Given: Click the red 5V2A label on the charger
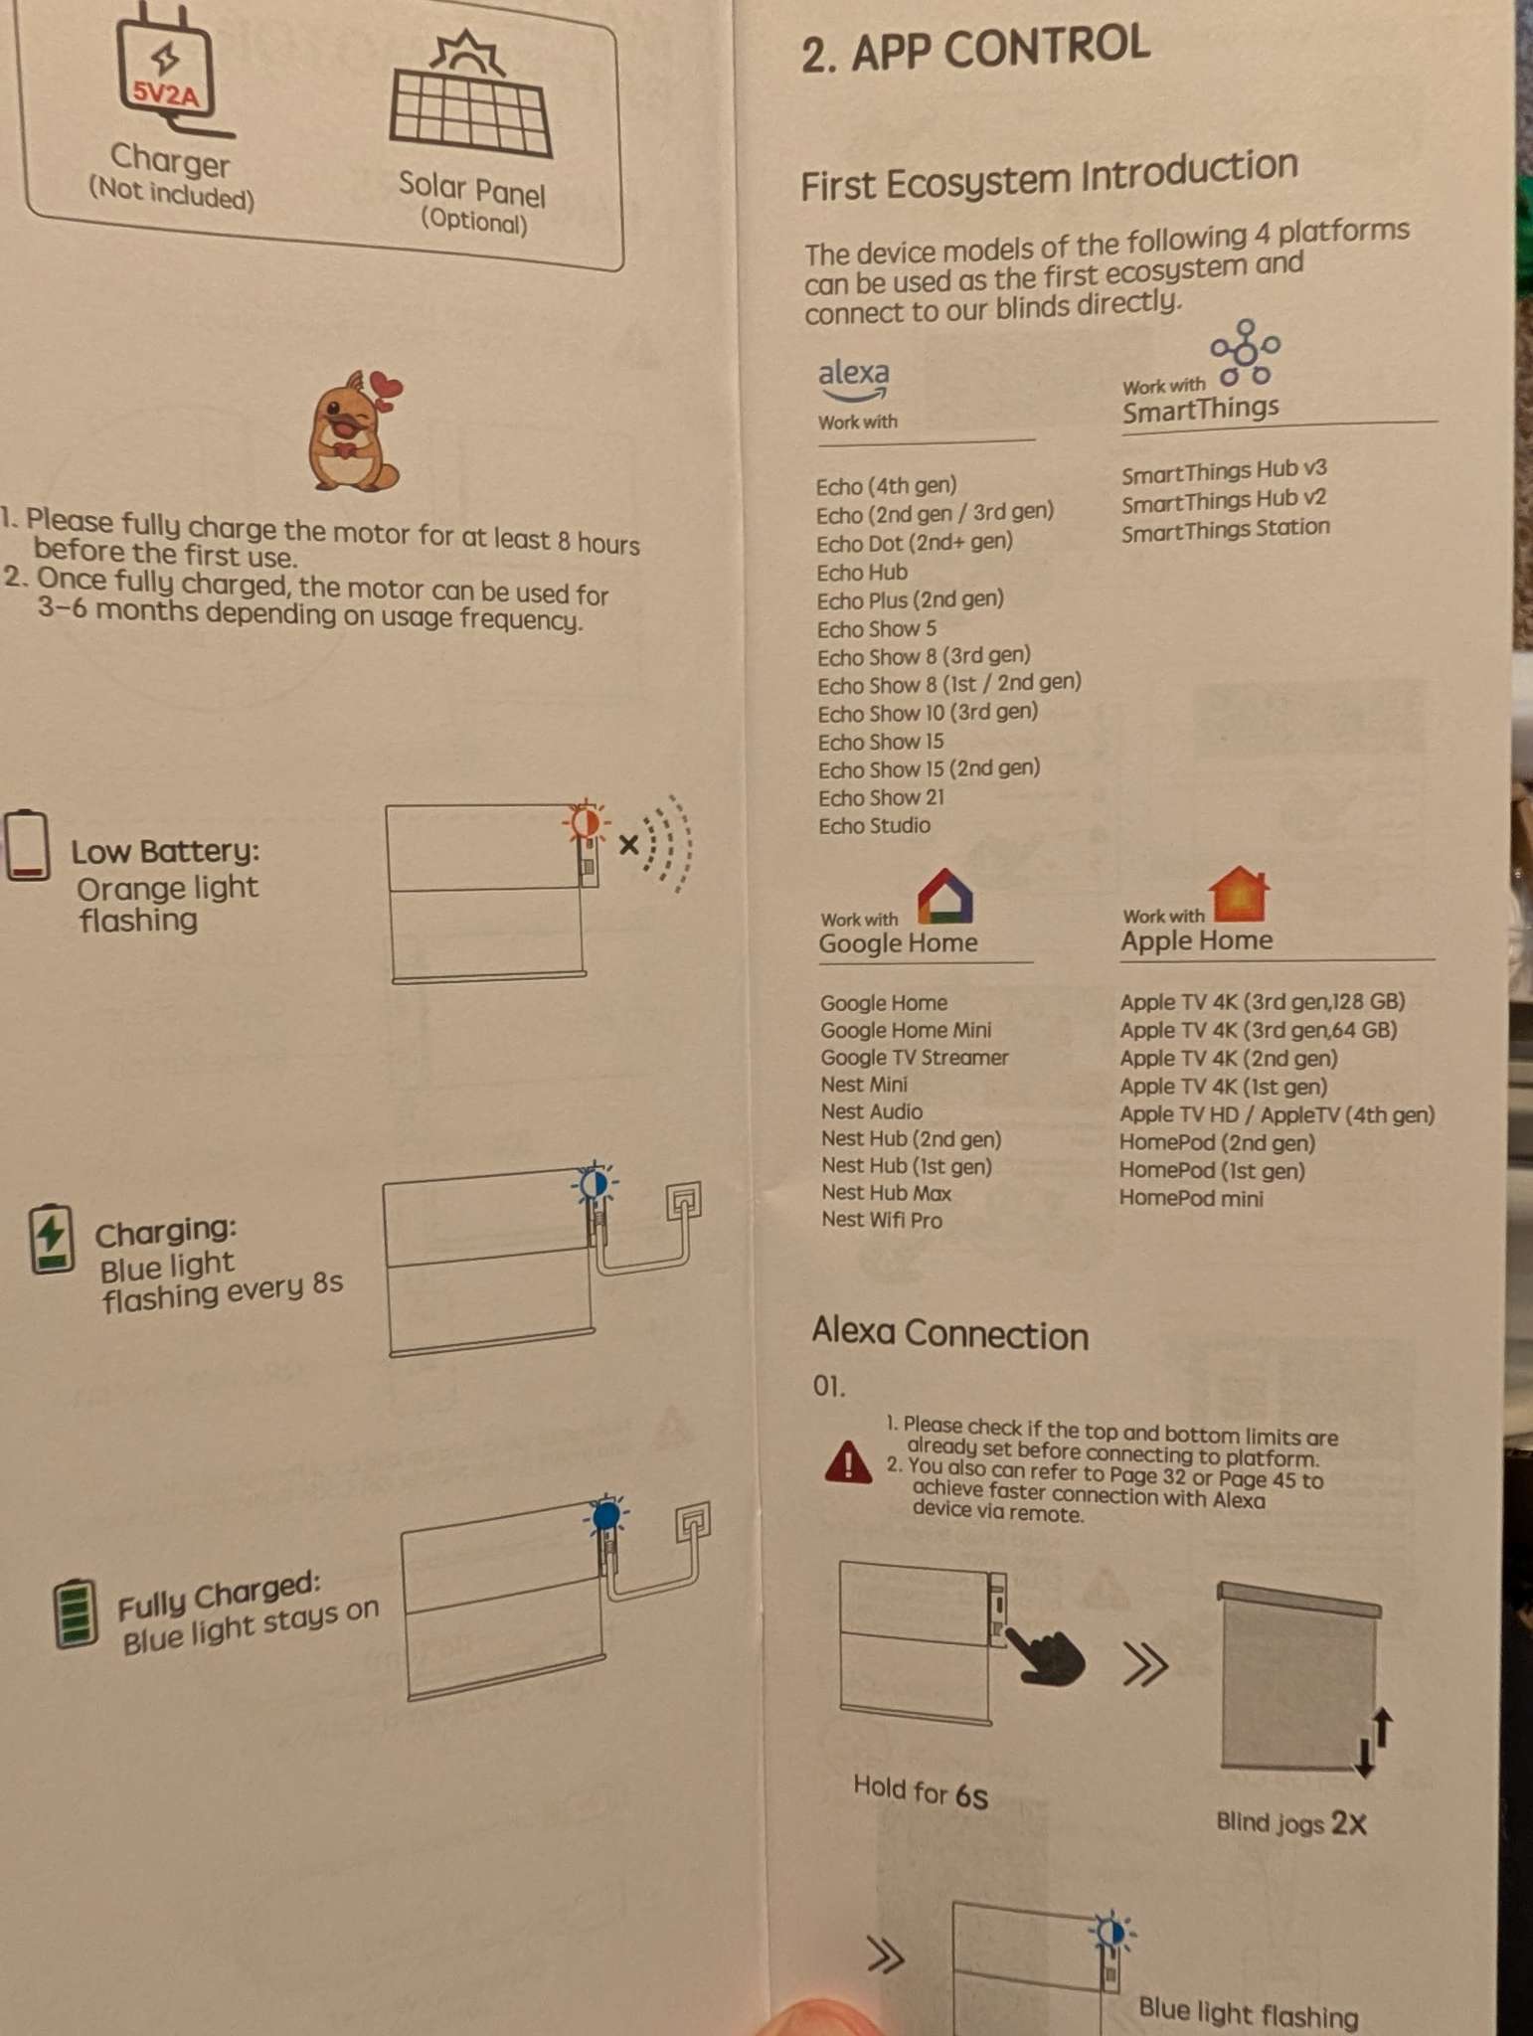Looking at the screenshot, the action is click(x=167, y=94).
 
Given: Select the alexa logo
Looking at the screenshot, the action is click(x=853, y=379).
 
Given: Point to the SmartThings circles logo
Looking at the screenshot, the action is click(x=1245, y=352).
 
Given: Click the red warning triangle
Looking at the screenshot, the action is click(x=848, y=1461).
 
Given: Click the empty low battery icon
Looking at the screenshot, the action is click(x=27, y=845).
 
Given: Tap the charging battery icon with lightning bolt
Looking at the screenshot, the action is click(x=52, y=1239).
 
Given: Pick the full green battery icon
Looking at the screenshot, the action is click(x=76, y=1612).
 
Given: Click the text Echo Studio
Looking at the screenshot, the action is click(x=874, y=825).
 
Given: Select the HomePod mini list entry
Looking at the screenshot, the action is click(x=1191, y=1198).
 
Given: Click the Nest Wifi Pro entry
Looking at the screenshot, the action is click(x=881, y=1220).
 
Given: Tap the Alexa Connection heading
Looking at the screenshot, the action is click(x=949, y=1333).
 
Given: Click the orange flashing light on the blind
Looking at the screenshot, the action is click(x=586, y=822).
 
